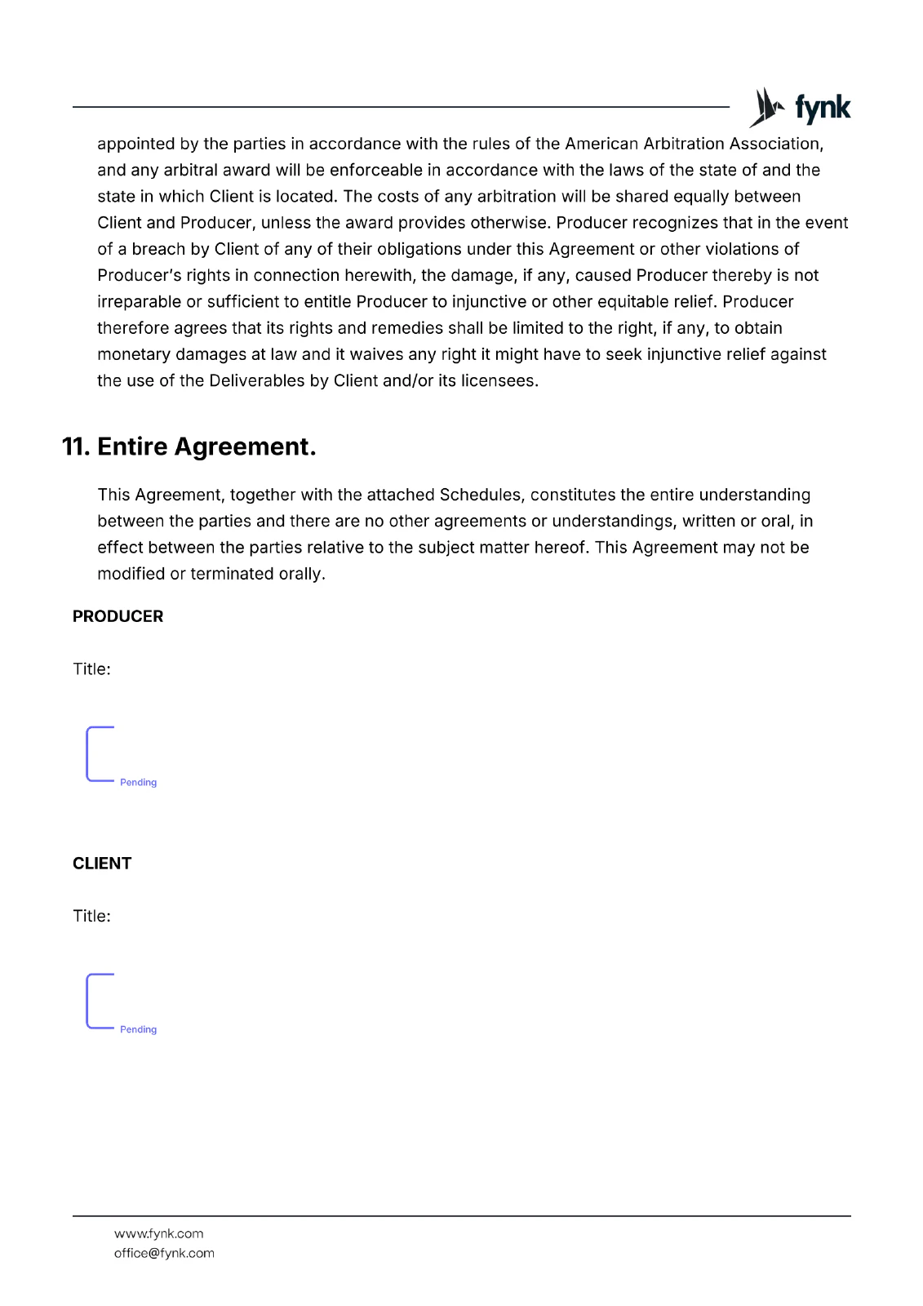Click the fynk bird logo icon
(766, 107)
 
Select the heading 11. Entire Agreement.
(189, 446)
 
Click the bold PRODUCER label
(118, 616)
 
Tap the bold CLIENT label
(102, 864)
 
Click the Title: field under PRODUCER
(91, 669)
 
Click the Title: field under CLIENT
(91, 916)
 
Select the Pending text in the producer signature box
(138, 782)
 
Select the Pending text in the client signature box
(138, 1029)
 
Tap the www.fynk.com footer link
(158, 1233)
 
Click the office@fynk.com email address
(164, 1253)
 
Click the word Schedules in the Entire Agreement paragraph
(481, 495)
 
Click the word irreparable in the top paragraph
(139, 301)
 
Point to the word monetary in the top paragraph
(133, 354)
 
